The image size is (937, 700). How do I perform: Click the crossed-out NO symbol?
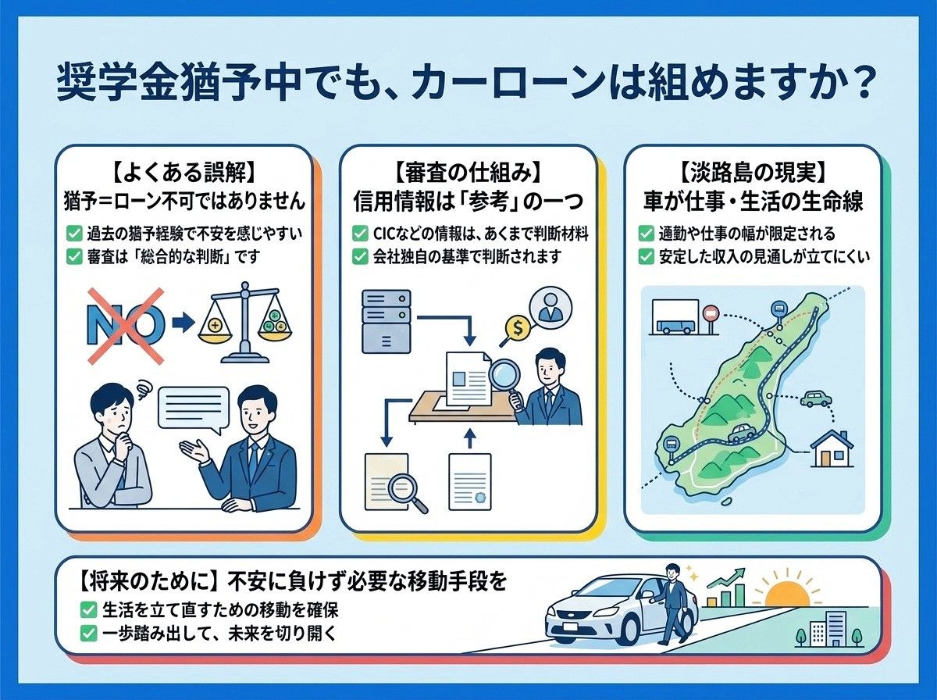click(x=126, y=326)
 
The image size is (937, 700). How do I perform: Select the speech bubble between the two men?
click(x=194, y=410)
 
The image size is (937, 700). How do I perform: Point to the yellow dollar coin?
click(x=518, y=328)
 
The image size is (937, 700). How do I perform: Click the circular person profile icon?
click(x=550, y=308)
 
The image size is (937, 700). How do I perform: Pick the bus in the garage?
click(x=675, y=327)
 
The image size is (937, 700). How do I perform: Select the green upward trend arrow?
click(x=725, y=577)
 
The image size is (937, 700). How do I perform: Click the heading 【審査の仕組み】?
click(x=468, y=173)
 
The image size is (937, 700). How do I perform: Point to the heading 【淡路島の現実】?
click(x=752, y=173)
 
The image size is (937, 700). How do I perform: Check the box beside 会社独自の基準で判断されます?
click(x=360, y=257)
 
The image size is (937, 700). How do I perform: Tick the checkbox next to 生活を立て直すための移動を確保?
click(x=88, y=610)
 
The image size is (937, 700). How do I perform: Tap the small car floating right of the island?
click(x=816, y=398)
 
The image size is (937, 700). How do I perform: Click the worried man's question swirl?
click(x=143, y=389)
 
